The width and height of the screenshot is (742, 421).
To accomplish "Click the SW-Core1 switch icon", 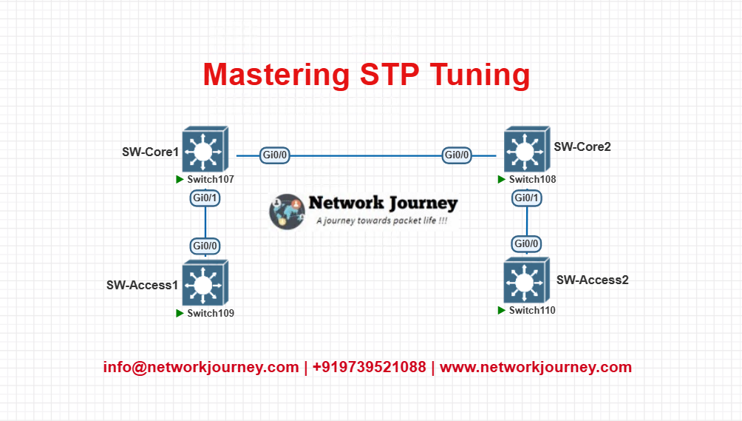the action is [205, 149].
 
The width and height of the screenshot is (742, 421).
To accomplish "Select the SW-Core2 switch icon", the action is [527, 149].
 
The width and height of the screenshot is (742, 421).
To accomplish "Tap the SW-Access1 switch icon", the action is [205, 283].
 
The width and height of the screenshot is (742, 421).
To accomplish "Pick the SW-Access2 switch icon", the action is [527, 280].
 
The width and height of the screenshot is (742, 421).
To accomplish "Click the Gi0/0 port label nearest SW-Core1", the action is [274, 155].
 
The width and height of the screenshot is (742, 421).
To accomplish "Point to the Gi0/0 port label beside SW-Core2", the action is [457, 155].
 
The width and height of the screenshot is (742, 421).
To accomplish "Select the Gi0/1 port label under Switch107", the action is [205, 198].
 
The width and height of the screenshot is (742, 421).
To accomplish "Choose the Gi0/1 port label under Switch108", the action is [527, 198].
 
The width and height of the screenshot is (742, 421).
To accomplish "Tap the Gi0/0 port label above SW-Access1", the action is [205, 246].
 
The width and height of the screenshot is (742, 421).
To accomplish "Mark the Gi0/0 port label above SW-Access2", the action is [526, 244].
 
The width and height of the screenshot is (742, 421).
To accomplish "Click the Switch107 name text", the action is [211, 180].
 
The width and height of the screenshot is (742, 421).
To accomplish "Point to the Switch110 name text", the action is [532, 310].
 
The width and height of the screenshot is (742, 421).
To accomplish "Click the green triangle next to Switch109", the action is [180, 313].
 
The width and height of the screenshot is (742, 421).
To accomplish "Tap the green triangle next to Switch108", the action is [502, 179].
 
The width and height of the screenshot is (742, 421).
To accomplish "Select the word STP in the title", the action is [389, 74].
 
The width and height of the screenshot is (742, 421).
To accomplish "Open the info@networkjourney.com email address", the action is [201, 367].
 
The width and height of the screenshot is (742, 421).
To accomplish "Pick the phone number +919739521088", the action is [369, 367].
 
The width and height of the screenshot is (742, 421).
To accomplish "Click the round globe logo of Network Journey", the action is [287, 212].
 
